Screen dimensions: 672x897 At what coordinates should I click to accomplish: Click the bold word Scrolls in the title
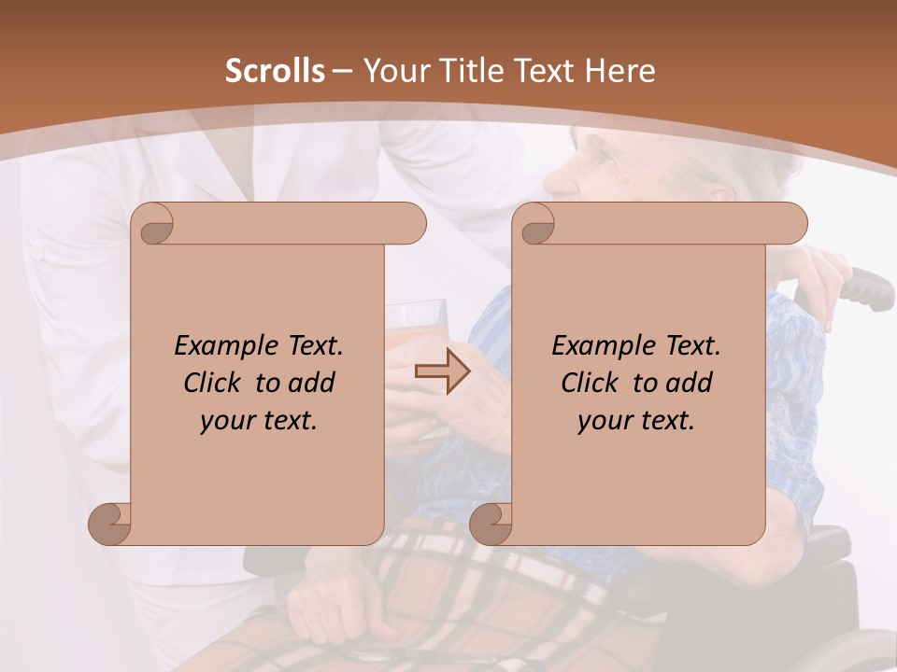point(276,71)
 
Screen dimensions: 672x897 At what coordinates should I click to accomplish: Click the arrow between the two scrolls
point(443,372)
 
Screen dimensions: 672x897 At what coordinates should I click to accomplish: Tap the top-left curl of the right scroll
point(536,224)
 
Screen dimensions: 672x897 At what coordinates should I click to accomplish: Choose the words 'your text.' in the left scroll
point(259,420)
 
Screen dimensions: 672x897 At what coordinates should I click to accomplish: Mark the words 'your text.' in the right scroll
point(636,420)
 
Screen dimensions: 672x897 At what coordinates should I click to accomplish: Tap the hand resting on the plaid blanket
point(336,607)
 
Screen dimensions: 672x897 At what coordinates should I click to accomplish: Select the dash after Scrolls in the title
point(342,71)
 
